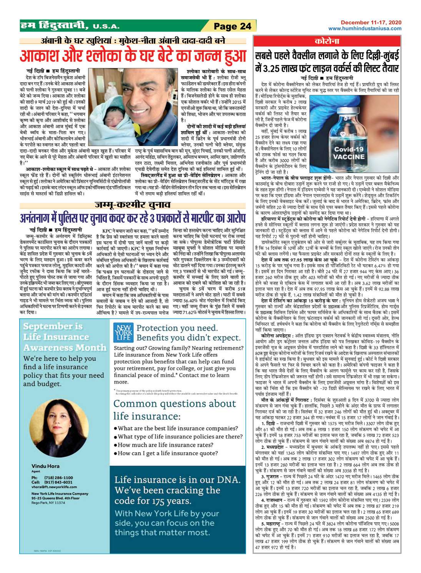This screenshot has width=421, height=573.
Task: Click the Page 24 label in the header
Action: [x=232, y=26]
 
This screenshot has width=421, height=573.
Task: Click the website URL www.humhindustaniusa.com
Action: [x=365, y=28]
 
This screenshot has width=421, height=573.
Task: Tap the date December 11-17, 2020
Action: [x=371, y=23]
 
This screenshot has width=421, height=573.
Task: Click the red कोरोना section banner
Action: [x=327, y=41]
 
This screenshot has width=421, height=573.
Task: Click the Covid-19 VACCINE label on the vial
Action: [x=349, y=153]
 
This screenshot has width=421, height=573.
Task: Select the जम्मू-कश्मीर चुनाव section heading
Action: [x=133, y=205]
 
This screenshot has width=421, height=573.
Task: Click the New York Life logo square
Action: [x=123, y=332]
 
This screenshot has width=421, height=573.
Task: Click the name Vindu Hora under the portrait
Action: [x=45, y=466]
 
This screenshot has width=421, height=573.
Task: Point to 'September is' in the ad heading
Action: [x=53, y=326]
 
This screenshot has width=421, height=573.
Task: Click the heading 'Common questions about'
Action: [x=175, y=404]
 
